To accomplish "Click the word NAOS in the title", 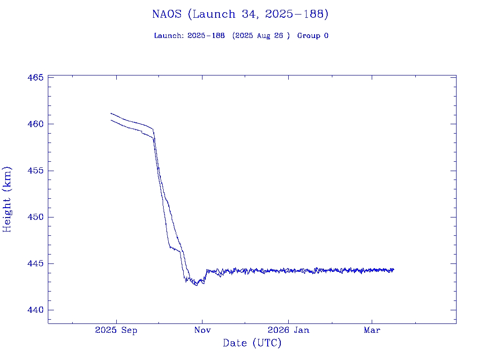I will tap(167, 14).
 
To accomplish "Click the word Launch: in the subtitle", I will tap(169, 36).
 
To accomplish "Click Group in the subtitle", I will tap(307, 36).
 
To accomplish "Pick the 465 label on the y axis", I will tap(35, 77).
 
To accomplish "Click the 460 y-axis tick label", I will tap(35, 124).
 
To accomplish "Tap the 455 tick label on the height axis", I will tap(35, 171).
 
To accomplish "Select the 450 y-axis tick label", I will tap(35, 217).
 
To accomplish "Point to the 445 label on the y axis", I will tap(35, 263).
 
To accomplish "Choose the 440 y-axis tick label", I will tap(35, 310).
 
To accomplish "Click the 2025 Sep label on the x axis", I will tap(116, 330).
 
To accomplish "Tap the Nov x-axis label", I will tap(202, 330).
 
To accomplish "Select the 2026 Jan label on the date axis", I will tap(288, 330).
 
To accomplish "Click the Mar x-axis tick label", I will tap(372, 330).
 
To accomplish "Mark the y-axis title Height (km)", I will tap(7, 199).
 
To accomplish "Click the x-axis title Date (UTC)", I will tap(252, 343).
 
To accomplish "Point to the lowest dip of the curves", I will tap(196, 285).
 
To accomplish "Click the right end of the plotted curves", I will tap(394, 270).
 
